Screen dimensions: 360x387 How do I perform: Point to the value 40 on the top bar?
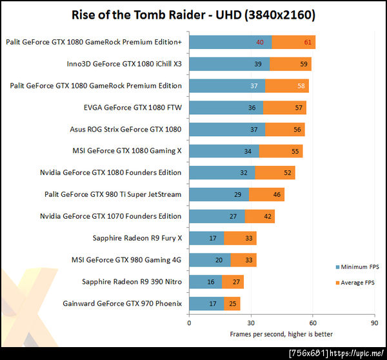point(260,42)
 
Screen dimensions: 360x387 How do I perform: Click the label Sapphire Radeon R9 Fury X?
point(137,238)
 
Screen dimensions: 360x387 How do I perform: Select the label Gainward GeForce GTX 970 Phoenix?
point(122,303)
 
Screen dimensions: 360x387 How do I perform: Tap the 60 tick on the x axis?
point(312,322)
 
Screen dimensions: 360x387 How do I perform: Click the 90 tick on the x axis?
point(374,322)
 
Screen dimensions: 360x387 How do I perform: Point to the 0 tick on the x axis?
point(189,322)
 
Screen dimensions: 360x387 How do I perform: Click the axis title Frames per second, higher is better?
point(281,334)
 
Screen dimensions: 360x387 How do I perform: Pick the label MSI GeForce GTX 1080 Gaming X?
point(127,150)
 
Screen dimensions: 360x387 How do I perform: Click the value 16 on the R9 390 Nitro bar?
point(212,281)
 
